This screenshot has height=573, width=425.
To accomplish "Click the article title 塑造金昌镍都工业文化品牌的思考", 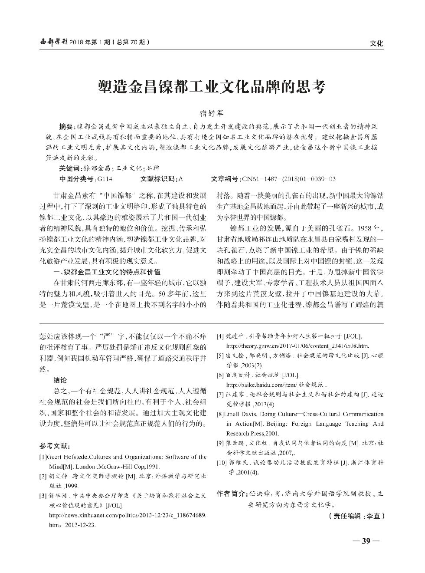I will [x=212, y=86].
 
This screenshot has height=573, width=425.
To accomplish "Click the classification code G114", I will [x=105, y=178].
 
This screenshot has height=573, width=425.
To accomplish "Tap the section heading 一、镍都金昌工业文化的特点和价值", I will [x=106, y=272].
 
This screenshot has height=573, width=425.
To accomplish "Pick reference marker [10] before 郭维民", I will [x=222, y=463].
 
